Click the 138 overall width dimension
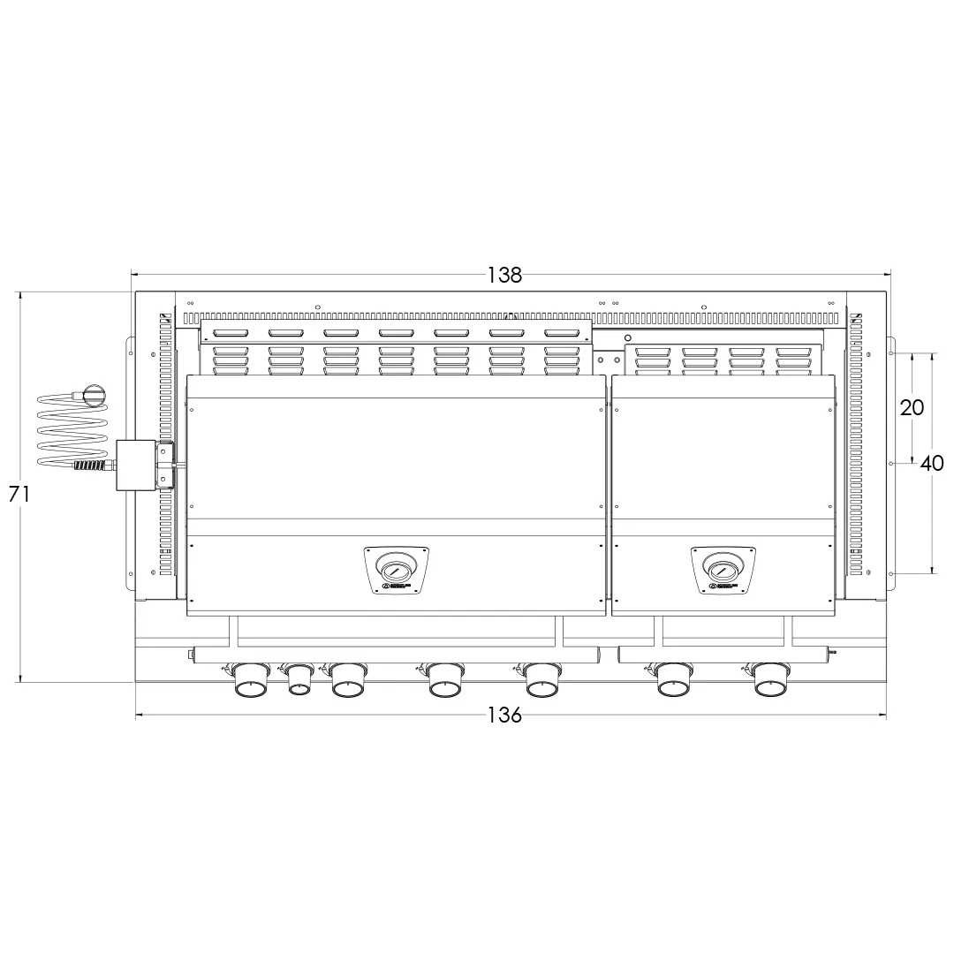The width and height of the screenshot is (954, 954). click(x=504, y=275)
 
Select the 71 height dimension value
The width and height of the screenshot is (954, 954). click(x=19, y=495)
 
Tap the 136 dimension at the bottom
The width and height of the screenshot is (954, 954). click(x=504, y=715)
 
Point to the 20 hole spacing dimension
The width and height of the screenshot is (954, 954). click(x=912, y=407)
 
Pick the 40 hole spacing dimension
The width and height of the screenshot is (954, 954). click(x=932, y=463)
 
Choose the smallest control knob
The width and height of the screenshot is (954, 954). click(x=299, y=681)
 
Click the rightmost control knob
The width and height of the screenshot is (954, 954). click(x=771, y=682)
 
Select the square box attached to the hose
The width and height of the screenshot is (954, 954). click(x=135, y=465)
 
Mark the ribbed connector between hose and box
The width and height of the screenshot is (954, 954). click(x=90, y=465)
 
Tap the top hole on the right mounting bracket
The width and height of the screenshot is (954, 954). click(x=891, y=353)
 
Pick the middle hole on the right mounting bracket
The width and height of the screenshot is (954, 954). click(x=891, y=461)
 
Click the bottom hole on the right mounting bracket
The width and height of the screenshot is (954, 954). click(x=891, y=573)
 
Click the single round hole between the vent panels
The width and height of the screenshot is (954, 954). click(x=628, y=337)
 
